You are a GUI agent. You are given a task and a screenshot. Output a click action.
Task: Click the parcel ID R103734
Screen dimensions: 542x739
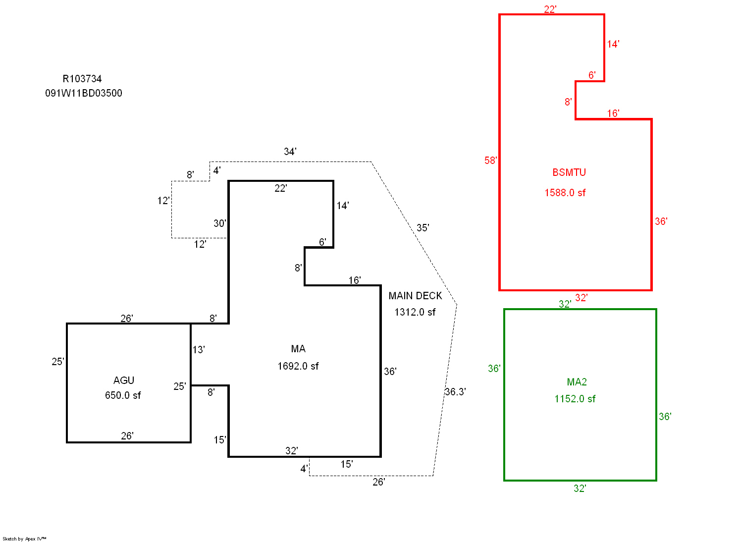click(x=82, y=79)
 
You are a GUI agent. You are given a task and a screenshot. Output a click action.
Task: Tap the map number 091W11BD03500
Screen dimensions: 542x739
click(x=84, y=93)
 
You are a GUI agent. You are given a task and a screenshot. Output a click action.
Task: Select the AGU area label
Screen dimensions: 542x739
click(x=124, y=380)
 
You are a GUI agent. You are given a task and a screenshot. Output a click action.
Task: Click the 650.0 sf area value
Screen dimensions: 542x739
click(x=123, y=395)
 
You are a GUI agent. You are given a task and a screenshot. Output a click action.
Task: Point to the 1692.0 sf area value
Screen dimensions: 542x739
click(x=298, y=366)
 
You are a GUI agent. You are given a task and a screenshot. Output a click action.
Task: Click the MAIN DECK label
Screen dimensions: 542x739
click(x=415, y=296)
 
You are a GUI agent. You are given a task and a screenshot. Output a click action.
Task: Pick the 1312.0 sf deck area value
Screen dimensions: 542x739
click(x=415, y=312)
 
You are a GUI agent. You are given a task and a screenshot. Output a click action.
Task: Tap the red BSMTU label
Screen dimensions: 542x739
click(x=569, y=172)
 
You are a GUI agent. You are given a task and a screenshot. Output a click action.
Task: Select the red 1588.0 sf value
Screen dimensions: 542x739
click(x=565, y=193)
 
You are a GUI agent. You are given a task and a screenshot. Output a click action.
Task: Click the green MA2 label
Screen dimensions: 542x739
click(x=577, y=382)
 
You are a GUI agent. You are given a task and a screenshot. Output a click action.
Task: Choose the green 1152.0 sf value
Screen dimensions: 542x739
click(x=575, y=399)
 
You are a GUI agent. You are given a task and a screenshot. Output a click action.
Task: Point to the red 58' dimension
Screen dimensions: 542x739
click(x=490, y=160)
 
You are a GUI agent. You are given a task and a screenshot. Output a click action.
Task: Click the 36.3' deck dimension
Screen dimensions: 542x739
click(x=455, y=392)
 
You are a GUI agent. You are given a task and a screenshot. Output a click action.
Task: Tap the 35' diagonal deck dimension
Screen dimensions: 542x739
click(x=422, y=228)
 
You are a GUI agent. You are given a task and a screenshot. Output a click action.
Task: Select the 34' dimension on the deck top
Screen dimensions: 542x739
click(x=290, y=152)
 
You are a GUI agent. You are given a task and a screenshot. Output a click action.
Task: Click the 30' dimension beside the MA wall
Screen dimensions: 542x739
click(x=220, y=223)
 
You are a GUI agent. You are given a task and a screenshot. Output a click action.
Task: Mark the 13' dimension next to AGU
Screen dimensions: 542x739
click(x=199, y=350)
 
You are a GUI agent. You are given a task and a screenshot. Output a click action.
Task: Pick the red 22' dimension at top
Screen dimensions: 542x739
click(x=550, y=9)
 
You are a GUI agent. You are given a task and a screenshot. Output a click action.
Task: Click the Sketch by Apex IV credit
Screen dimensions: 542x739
click(x=24, y=539)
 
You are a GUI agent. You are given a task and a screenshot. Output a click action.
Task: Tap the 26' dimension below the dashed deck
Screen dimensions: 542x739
click(x=379, y=482)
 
